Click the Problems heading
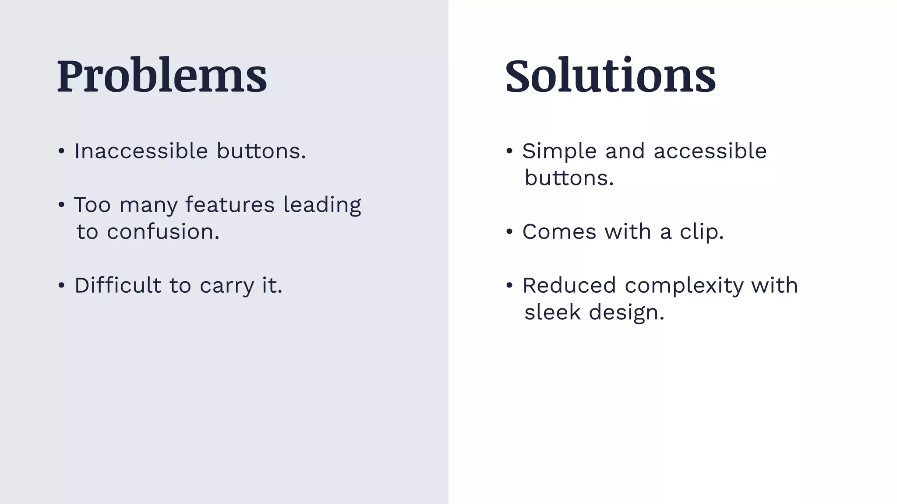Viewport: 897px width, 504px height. click(162, 76)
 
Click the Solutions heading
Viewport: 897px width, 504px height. click(610, 76)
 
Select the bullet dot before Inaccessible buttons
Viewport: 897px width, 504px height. click(61, 151)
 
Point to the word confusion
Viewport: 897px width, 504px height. click(162, 232)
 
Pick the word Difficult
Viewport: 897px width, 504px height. click(118, 285)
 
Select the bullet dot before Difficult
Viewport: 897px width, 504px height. click(61, 286)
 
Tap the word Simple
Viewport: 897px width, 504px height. click(559, 151)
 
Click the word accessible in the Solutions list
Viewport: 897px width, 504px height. click(710, 151)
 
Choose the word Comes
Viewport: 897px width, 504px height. click(559, 232)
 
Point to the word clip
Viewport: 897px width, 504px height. click(701, 232)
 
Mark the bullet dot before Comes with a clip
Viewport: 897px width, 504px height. click(509, 232)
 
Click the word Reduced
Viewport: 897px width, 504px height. click(569, 285)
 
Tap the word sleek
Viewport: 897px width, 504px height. click(552, 312)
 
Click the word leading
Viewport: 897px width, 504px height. click(322, 205)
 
